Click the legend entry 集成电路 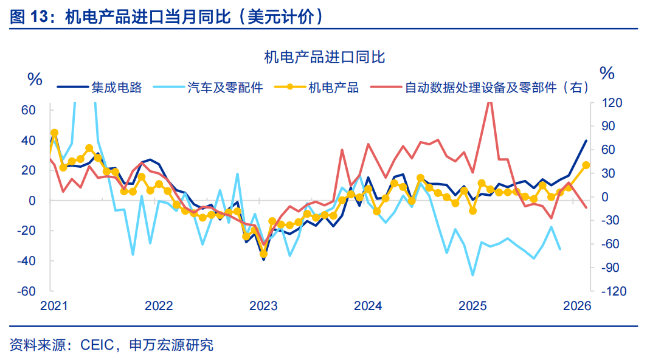pyautogui.click(x=116, y=88)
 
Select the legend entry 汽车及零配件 pyautogui.click(x=225, y=88)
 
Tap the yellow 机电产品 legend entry pyautogui.click(x=333, y=88)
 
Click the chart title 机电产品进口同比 pyautogui.click(x=324, y=58)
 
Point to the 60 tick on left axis pyautogui.click(x=29, y=110)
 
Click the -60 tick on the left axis pyautogui.click(x=26, y=291)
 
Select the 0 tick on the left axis pyautogui.click(x=32, y=201)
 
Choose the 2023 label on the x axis pyautogui.click(x=263, y=306)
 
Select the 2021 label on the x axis pyautogui.click(x=55, y=306)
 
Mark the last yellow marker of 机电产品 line pyautogui.click(x=586, y=165)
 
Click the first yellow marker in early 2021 pyautogui.click(x=54, y=133)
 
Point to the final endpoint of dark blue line pyautogui.click(x=586, y=140)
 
